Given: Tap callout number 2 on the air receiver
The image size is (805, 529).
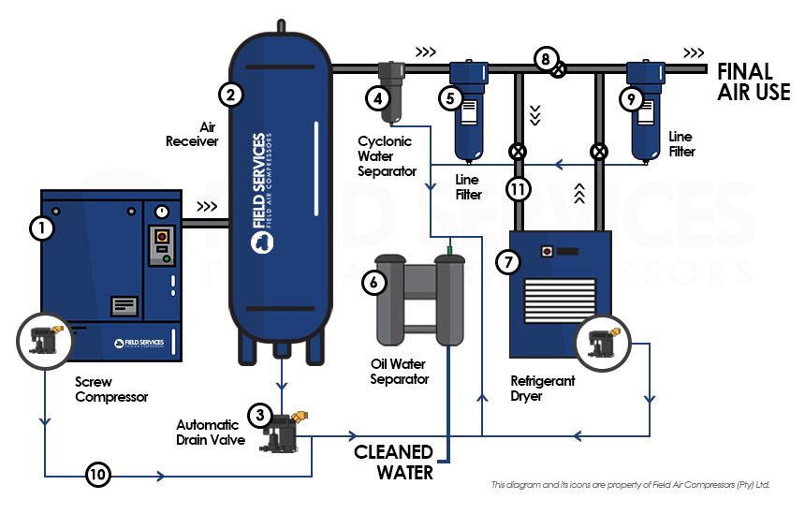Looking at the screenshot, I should [230, 94].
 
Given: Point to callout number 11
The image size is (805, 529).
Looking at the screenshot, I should [518, 189].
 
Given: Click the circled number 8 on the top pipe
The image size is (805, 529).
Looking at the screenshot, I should [545, 58].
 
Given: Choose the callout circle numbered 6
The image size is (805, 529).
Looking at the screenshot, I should [373, 282].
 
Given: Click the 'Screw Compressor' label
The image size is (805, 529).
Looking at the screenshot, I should [111, 389].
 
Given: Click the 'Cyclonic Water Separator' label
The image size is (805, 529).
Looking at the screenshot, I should [388, 156].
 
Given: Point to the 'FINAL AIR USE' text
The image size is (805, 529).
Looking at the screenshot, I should [754, 81].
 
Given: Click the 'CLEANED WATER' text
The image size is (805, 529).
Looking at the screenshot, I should [394, 463].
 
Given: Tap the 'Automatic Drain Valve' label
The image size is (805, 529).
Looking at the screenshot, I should [209, 432].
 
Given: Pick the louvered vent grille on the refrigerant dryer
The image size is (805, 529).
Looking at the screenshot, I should [560, 301].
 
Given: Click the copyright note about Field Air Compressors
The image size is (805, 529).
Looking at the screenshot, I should [629, 485].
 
